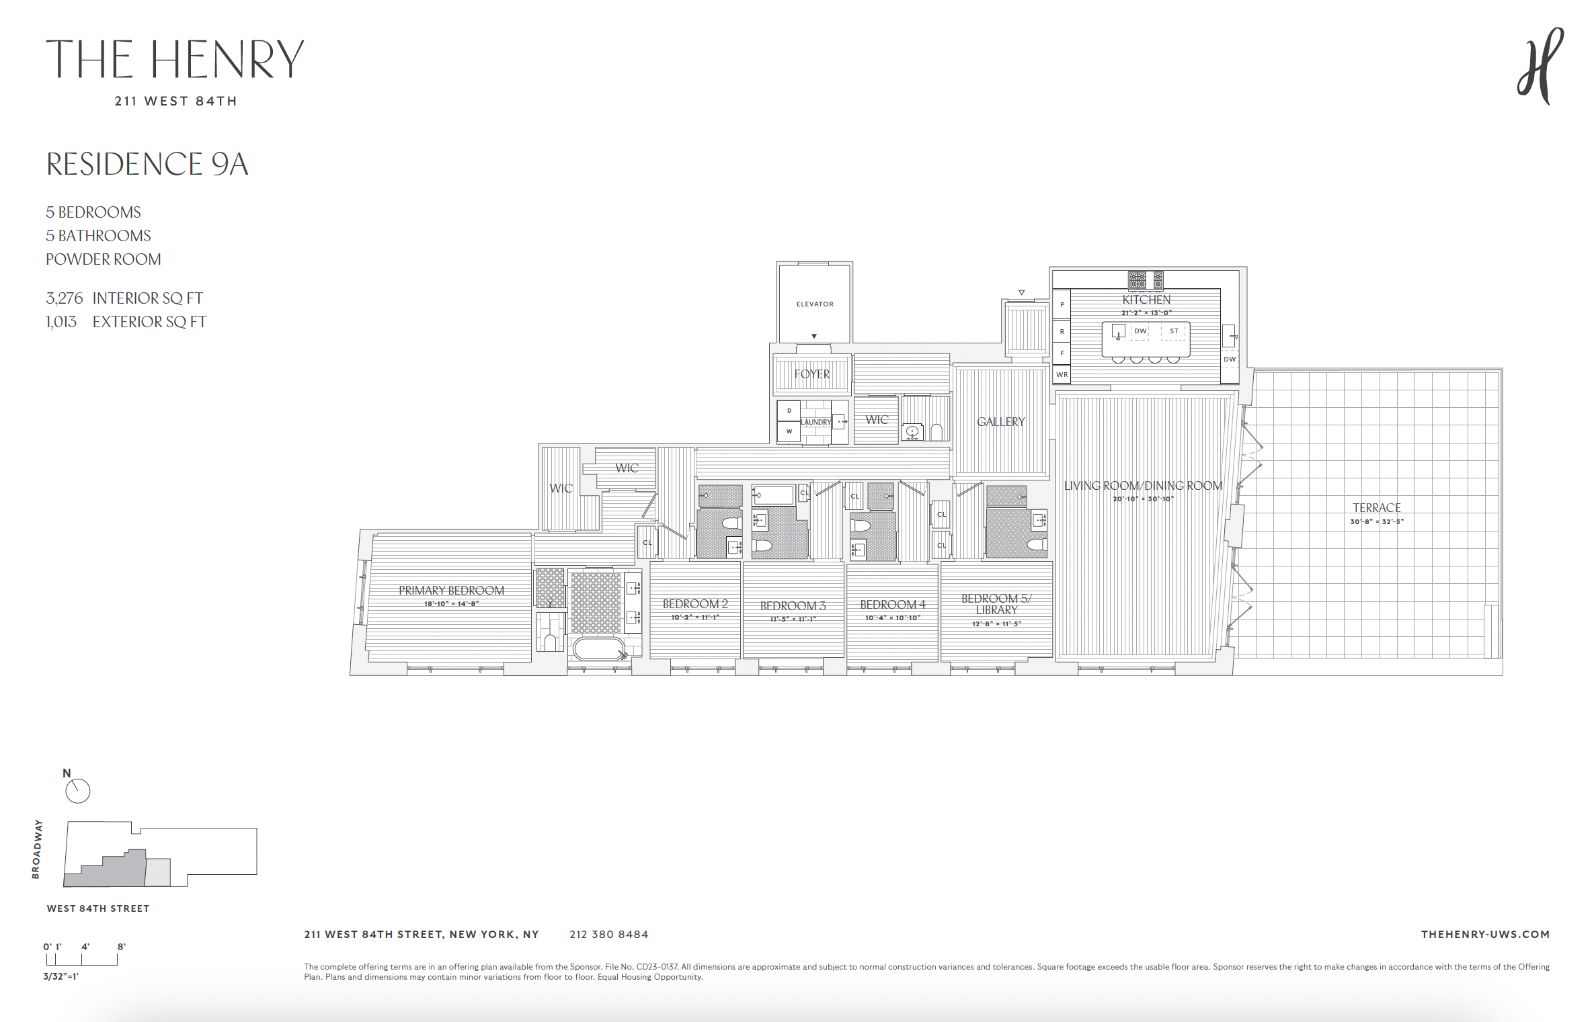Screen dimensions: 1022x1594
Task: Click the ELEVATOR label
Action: (x=814, y=304)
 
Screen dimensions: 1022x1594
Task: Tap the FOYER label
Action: (x=811, y=374)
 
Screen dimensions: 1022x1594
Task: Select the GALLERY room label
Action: (x=1000, y=422)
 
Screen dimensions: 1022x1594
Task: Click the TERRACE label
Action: (x=1376, y=508)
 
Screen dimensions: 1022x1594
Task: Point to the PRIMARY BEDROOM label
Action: (x=451, y=591)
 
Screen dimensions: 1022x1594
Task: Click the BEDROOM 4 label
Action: (x=892, y=605)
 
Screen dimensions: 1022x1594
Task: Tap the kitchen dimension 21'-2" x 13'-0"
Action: (x=1146, y=313)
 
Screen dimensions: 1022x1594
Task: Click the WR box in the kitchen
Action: (x=1062, y=375)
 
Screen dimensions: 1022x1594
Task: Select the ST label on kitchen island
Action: (x=1174, y=331)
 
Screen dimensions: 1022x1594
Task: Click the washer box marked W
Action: (x=789, y=432)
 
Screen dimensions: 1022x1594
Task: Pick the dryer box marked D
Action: (x=789, y=411)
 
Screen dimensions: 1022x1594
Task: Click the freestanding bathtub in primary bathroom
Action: (x=598, y=649)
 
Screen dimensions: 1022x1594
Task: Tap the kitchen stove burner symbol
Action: (x=1138, y=280)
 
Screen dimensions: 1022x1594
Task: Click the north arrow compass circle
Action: (x=78, y=791)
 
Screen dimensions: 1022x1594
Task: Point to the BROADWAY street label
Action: (x=36, y=849)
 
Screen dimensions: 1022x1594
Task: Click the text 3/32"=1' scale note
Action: (x=61, y=976)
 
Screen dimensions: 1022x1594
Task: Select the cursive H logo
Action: (x=1540, y=66)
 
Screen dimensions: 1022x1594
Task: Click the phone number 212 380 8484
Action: (x=608, y=935)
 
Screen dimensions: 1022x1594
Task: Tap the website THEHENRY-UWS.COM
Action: (x=1484, y=935)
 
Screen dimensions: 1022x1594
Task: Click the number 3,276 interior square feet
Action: (x=64, y=298)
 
